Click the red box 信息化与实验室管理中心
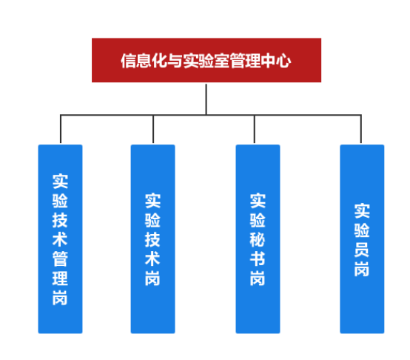(x=206, y=60)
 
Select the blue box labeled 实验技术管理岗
(x=60, y=239)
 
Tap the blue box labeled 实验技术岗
(x=152, y=239)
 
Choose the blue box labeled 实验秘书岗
(x=258, y=239)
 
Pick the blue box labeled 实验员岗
(x=362, y=239)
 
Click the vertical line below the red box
(x=206, y=99)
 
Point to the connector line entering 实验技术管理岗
(x=61, y=129)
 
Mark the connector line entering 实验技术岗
(x=153, y=129)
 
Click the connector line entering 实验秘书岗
(x=254, y=129)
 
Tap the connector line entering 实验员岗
(x=361, y=129)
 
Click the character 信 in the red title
(x=128, y=61)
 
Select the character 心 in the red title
(x=283, y=61)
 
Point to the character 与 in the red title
(x=175, y=61)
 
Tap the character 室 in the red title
(x=222, y=61)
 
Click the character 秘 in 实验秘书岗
(x=258, y=239)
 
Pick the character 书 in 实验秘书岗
(x=258, y=259)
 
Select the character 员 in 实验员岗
(x=362, y=250)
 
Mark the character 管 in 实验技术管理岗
(x=60, y=259)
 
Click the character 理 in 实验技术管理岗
(x=60, y=278)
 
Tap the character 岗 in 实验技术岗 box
(x=152, y=278)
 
